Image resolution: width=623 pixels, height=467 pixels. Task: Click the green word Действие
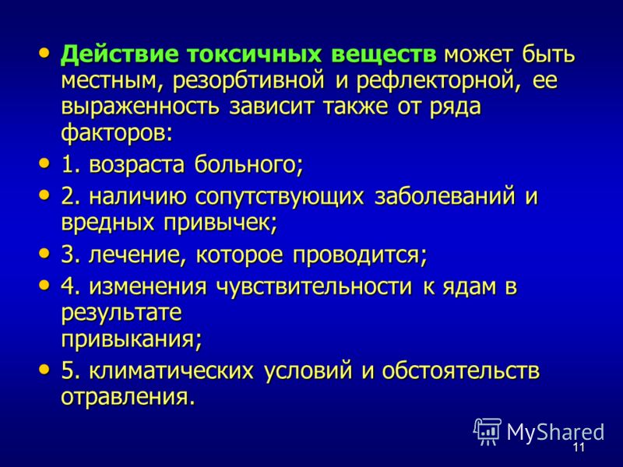pyautogui.click(x=120, y=54)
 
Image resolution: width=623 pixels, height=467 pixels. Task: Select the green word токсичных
pyautogui.click(x=255, y=54)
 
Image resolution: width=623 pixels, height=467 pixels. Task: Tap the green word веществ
pyautogui.click(x=384, y=54)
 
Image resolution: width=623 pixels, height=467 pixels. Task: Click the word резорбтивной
pyautogui.click(x=248, y=81)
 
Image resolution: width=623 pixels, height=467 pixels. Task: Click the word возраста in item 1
pyautogui.click(x=137, y=165)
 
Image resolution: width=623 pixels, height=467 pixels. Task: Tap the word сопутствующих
pyautogui.click(x=280, y=198)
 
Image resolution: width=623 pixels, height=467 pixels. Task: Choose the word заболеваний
pyautogui.click(x=445, y=196)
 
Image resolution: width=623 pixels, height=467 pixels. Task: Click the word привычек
pyautogui.click(x=220, y=223)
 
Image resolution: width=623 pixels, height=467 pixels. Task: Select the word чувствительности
pyautogui.click(x=314, y=286)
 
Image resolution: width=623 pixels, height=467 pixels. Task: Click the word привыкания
pyautogui.click(x=132, y=340)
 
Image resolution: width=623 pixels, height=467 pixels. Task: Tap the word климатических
pyautogui.click(x=171, y=371)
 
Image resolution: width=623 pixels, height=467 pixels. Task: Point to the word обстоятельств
pyautogui.click(x=461, y=370)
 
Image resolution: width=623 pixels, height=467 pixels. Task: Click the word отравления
pyautogui.click(x=128, y=397)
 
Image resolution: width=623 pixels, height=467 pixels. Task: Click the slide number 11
pyautogui.click(x=579, y=447)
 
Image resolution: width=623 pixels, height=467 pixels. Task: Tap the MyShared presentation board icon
pyautogui.click(x=487, y=431)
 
